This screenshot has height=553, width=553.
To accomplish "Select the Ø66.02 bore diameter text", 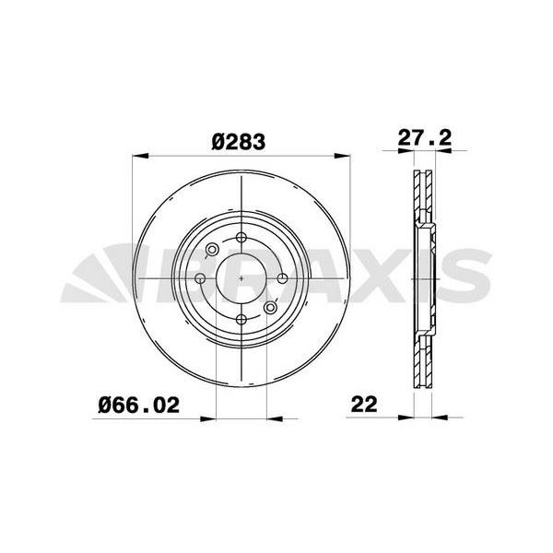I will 138,403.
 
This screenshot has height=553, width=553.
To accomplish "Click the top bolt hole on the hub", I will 240,237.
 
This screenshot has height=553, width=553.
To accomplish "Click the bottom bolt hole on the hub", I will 240,319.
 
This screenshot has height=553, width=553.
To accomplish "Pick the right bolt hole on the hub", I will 281,278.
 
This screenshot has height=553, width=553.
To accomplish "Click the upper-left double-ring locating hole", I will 212,250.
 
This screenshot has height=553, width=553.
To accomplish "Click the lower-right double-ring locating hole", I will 270,307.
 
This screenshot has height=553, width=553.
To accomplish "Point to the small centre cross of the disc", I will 240,278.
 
